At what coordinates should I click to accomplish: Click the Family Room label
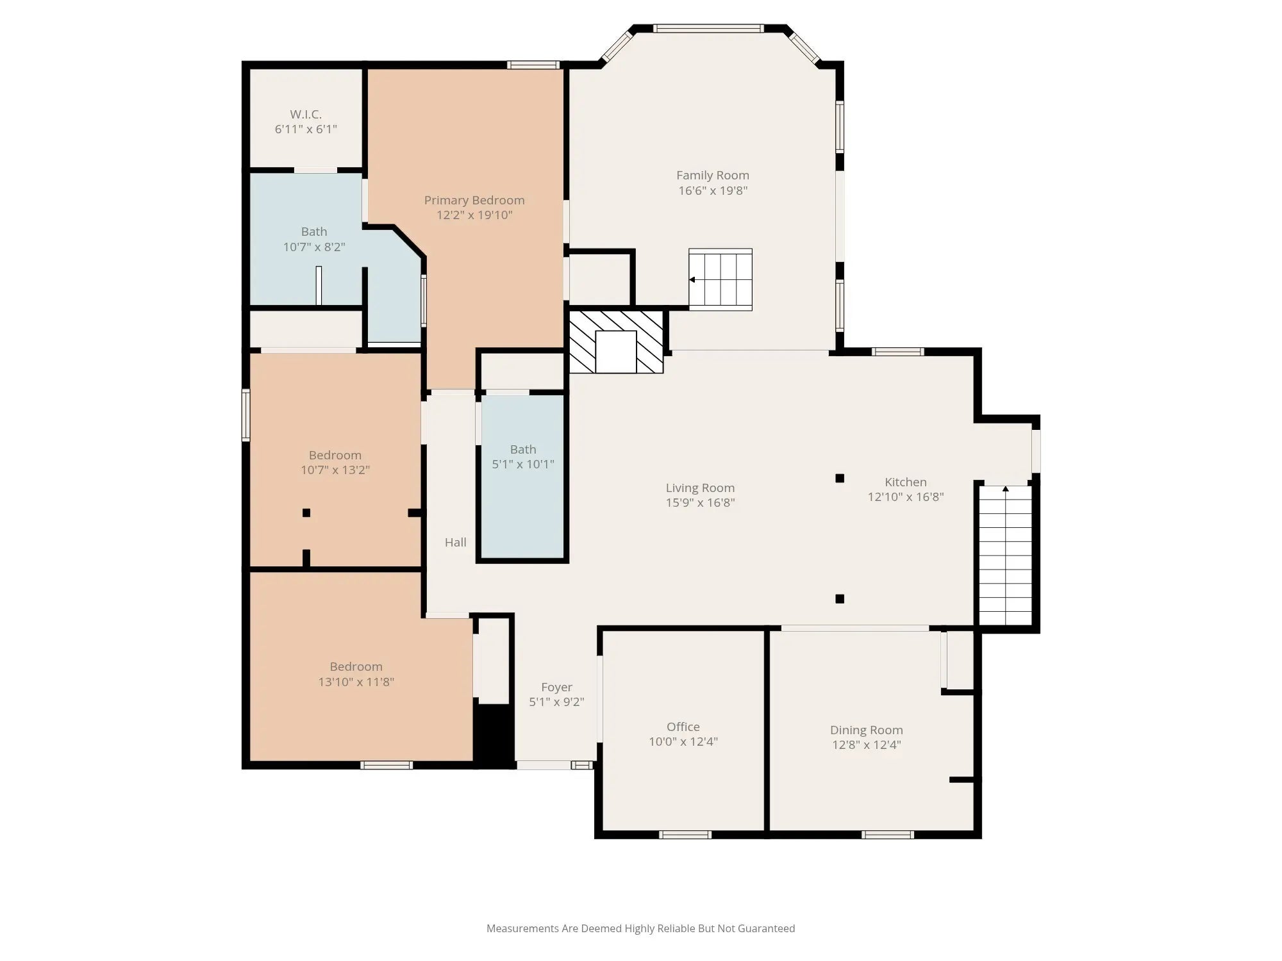[713, 175]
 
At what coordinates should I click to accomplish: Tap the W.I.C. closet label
[306, 114]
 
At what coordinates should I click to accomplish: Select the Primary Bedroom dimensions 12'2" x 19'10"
[474, 215]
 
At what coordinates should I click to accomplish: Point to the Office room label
[683, 727]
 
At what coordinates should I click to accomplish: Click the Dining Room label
[867, 730]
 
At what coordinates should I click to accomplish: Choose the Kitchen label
[906, 482]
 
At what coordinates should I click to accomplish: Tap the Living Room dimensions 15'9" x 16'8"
[700, 502]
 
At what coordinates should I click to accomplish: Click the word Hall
[456, 542]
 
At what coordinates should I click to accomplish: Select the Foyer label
[556, 687]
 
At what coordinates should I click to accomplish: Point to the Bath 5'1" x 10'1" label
[523, 457]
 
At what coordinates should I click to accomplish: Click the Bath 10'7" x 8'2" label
[314, 239]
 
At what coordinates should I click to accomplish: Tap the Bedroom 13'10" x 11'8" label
[356, 674]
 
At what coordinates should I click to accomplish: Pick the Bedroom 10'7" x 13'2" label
[335, 463]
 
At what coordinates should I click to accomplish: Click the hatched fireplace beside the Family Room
[616, 342]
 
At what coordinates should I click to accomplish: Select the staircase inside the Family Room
[720, 279]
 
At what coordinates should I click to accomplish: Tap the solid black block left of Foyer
[494, 734]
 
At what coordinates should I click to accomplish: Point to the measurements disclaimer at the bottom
[640, 928]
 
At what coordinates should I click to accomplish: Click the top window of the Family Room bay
[708, 28]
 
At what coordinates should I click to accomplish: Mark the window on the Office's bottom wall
[685, 835]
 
